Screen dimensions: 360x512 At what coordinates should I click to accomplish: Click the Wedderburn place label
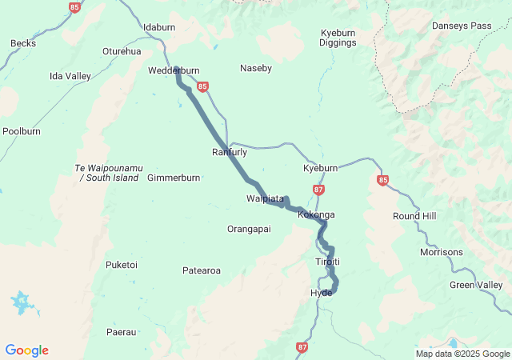point(174,70)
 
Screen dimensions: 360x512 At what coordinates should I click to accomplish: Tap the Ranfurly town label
point(230,152)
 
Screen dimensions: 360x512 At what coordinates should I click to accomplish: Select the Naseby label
point(256,69)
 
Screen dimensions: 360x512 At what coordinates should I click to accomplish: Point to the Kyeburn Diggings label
point(338,38)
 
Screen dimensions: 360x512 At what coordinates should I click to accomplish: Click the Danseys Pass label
point(462,26)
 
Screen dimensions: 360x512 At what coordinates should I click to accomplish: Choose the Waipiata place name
point(265,198)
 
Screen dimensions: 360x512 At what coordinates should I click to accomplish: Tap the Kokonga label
point(316,215)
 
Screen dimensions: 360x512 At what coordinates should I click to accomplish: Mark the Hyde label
point(321,293)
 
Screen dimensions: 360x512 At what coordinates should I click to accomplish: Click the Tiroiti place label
point(327,262)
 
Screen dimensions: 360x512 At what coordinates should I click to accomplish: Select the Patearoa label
point(202,271)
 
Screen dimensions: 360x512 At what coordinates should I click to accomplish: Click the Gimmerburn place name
point(174,178)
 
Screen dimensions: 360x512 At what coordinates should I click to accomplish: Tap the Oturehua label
point(122,51)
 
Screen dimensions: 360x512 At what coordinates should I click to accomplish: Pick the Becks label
point(23,43)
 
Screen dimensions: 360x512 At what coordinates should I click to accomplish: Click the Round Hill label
point(414,217)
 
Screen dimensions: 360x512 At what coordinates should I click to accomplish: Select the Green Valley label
point(476,285)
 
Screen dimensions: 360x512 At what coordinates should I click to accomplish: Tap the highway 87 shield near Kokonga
point(319,190)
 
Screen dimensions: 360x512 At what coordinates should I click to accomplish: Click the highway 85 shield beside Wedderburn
point(202,86)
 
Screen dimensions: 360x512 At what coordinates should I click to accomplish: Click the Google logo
point(27,350)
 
